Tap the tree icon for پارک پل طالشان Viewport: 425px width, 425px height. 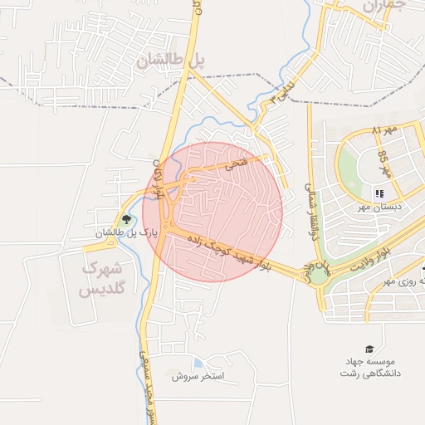pos(126,220)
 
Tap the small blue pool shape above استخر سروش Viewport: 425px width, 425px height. pos(198,363)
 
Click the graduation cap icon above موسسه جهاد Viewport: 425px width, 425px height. pos(369,349)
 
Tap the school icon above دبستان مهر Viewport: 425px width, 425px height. pos(380,193)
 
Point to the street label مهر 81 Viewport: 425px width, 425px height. pos(386,131)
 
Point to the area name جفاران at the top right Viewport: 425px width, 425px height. pos(383,7)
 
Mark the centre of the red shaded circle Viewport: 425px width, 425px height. pos(219,212)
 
